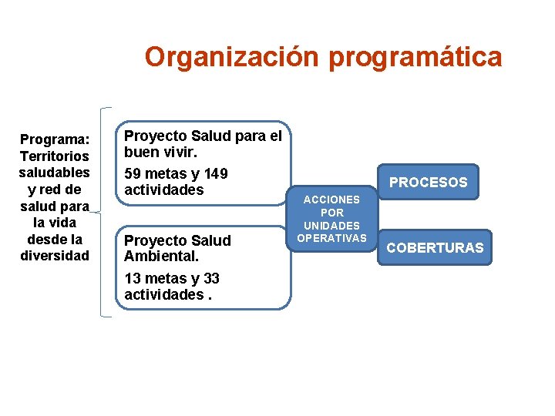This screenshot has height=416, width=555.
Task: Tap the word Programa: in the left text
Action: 55,139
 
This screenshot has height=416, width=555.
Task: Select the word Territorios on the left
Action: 55,156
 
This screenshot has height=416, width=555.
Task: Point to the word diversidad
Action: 55,255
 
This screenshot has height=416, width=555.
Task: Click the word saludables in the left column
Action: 55,172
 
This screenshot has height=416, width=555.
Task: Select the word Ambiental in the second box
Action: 156,257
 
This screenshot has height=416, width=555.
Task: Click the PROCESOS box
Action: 428,183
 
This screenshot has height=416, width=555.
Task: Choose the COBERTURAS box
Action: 435,247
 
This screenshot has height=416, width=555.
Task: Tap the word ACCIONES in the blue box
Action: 331,200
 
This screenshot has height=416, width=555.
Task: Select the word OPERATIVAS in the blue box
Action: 331,237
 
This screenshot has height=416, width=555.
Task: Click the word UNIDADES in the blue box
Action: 331,225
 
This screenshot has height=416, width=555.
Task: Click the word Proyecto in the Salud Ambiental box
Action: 153,240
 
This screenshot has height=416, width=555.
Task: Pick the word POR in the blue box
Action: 331,212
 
